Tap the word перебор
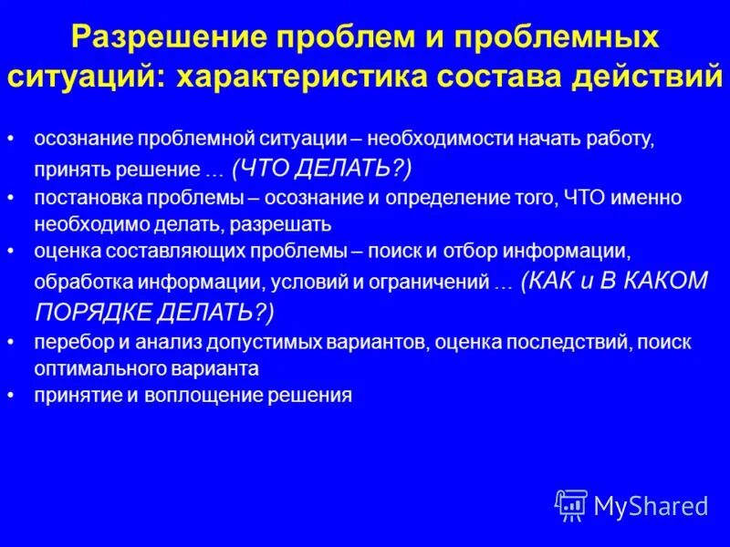tap(67, 343)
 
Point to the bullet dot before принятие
tap(10, 396)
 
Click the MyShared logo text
tap(650, 505)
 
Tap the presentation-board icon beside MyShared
tap(571, 504)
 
